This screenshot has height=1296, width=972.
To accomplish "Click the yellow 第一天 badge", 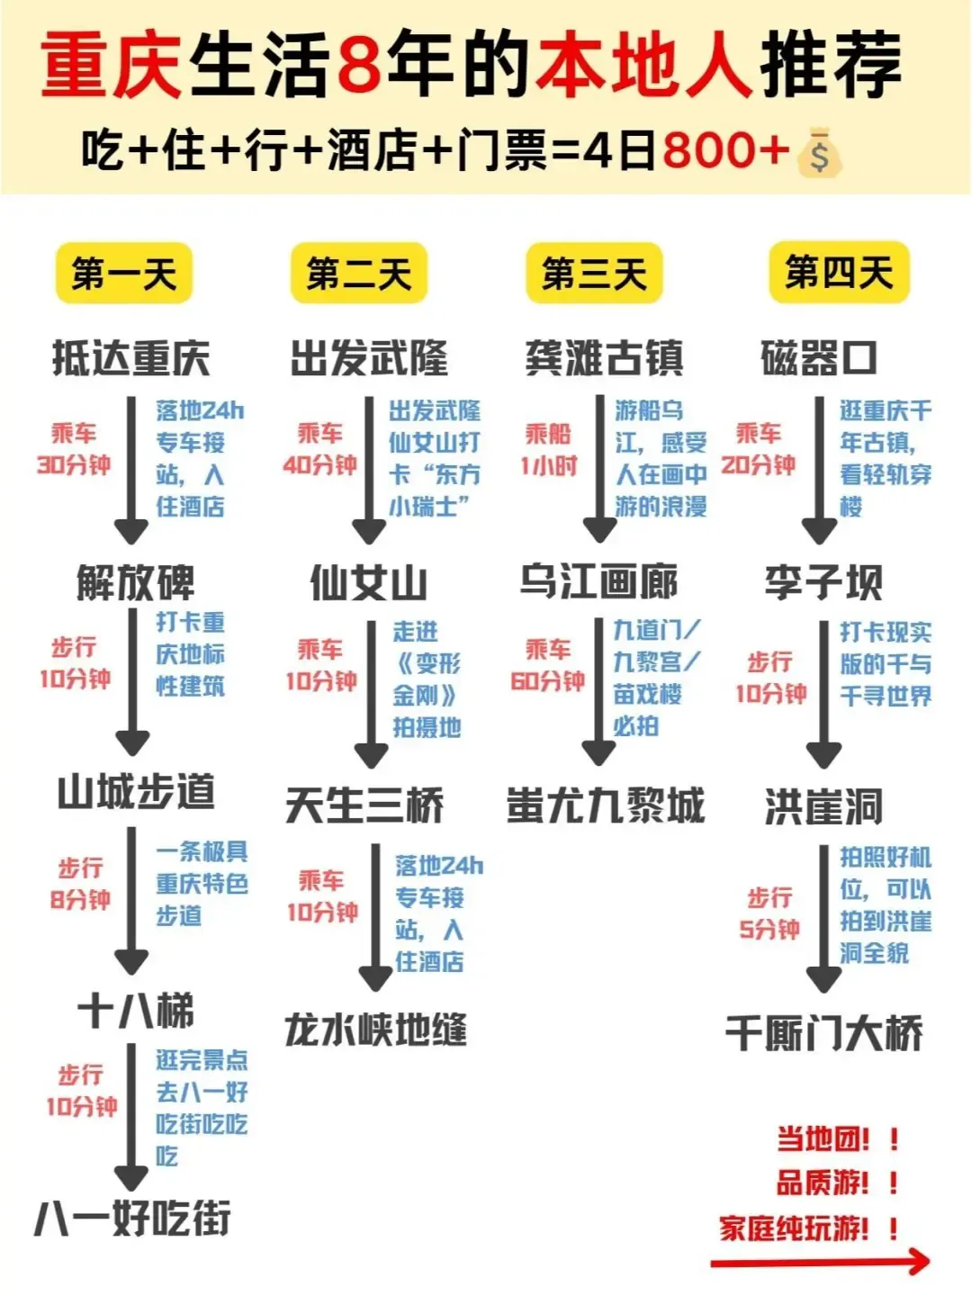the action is pos(124,274).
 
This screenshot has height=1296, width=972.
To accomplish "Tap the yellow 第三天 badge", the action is pos(594,274).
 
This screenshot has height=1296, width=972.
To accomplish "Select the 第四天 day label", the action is pos(839,272).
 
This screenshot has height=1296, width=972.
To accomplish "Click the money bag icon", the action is pos(819,153).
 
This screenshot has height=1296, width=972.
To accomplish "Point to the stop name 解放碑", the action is pos(135,582).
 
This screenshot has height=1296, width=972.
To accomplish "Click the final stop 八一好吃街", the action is pos(133,1219).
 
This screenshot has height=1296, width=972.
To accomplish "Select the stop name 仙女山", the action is pos(368,582).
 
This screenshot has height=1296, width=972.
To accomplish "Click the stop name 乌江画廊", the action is pos(598,580).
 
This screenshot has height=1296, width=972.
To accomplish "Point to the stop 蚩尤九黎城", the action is pos(605,805).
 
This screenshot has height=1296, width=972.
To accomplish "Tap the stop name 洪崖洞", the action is pos(823,806).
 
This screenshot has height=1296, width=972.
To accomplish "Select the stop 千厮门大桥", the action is pos(824,1032).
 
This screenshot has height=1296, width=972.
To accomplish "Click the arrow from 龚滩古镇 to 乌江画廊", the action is pos(599,468).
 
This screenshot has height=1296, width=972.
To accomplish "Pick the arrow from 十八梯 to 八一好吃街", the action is pos(131,1116).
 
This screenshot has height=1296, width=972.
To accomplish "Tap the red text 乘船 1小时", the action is pos(548,450).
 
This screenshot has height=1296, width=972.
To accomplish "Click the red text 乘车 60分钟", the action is pos(547,665).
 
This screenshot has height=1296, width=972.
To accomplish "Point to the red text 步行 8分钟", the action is pos(80,884).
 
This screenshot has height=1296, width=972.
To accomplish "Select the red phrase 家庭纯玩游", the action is pos(794,1228).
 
